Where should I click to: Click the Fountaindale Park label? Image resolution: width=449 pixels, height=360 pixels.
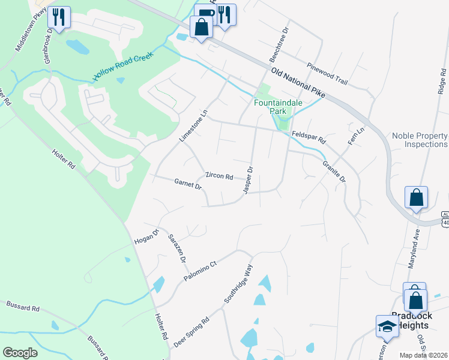[278, 107]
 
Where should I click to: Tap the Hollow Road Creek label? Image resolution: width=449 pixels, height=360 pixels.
[124, 67]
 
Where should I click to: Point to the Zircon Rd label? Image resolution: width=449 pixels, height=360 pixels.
[219, 176]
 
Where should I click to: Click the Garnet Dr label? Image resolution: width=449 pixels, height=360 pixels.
[188, 183]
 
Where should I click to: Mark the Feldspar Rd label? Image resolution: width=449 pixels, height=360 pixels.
[309, 137]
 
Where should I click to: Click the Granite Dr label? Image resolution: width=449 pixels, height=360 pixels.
[334, 171]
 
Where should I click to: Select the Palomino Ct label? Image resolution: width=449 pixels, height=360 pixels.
[200, 272]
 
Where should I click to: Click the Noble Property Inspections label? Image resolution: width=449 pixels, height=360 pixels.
[420, 140]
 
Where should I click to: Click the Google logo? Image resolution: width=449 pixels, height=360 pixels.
[20, 353]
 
